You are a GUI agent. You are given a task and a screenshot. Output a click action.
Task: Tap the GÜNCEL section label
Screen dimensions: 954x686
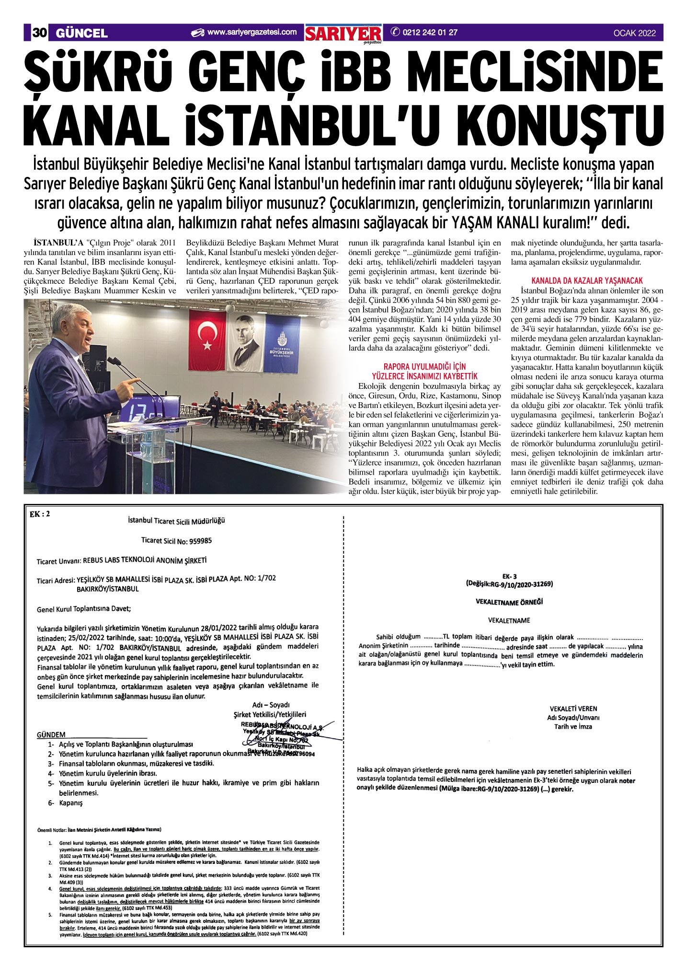(81, 33)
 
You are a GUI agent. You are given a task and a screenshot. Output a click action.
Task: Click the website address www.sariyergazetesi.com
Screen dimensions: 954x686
(252, 33)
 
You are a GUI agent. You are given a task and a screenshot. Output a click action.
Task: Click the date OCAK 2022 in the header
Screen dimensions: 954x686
(634, 33)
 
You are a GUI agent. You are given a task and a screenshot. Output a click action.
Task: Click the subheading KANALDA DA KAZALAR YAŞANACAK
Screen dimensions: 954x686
(587, 280)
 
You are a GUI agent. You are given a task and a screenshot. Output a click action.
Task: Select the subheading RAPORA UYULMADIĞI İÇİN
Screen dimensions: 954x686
(424, 367)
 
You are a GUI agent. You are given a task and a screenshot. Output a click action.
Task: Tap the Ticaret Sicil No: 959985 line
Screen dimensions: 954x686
(176, 540)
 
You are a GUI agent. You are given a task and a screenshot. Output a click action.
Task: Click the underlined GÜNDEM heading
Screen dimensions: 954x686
(51, 734)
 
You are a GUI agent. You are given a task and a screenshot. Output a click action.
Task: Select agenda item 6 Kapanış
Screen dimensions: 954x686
(66, 803)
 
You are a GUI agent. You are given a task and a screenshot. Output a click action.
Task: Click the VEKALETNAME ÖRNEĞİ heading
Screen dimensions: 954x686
(509, 602)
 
